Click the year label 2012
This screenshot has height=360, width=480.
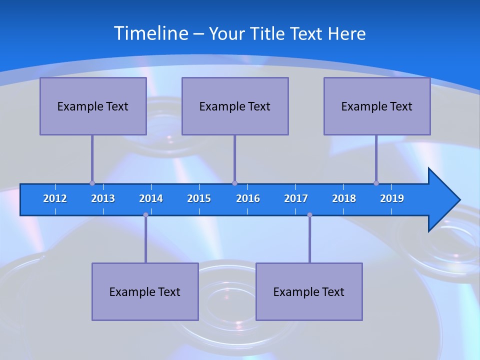pos(55,198)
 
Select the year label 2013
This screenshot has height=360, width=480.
pos(103,198)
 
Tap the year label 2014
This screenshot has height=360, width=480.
pos(151,198)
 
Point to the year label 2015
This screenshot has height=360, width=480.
pos(199,198)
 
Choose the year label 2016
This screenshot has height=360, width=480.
pos(248,198)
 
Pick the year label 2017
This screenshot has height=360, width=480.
pos(296,198)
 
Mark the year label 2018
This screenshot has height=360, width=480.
pos(344,198)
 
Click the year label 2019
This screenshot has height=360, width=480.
pos(392,198)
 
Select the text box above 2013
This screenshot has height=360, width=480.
pos(93,106)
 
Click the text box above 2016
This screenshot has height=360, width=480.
pos(235,106)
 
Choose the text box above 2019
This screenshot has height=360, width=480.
pos(377,106)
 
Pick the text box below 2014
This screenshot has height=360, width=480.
pos(145,291)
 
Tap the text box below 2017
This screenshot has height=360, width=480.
pos(309,291)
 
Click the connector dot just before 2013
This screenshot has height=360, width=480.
pos(92,183)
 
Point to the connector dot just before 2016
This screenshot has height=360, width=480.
pos(234,183)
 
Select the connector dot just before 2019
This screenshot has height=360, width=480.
pos(376,183)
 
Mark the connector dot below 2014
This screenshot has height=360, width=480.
pos(145,215)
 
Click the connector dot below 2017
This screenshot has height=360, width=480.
pos(309,215)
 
